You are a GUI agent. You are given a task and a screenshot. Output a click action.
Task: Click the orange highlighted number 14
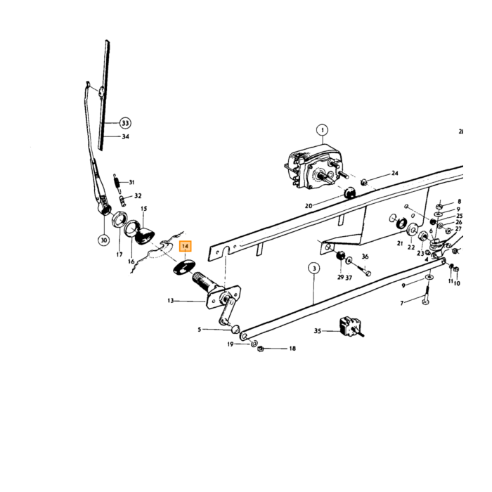coord(185,246)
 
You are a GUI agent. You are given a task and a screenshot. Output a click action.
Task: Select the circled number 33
coord(125,123)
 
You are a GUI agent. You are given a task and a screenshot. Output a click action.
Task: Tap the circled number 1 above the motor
coord(322,130)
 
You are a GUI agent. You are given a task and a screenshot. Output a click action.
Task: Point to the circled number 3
coord(314,268)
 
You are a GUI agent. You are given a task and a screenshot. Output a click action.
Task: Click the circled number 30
coord(104,240)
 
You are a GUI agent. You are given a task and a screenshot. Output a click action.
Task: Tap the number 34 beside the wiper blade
coord(126,136)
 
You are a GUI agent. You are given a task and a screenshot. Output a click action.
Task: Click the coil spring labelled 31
coord(117,183)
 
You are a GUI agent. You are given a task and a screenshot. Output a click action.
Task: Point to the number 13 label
coord(171,301)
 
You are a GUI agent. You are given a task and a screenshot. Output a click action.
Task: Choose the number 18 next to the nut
coord(292,349)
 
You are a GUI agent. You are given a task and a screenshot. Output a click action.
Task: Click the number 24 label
coord(395,173)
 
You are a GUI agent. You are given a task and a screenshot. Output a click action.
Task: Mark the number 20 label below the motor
coord(309,206)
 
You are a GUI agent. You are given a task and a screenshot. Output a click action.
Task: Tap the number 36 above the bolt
coord(365,257)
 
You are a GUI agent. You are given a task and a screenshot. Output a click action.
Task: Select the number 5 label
coord(199,330)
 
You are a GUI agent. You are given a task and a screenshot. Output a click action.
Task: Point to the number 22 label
coord(411,247)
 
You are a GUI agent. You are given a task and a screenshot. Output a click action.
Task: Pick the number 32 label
coord(138,196)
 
